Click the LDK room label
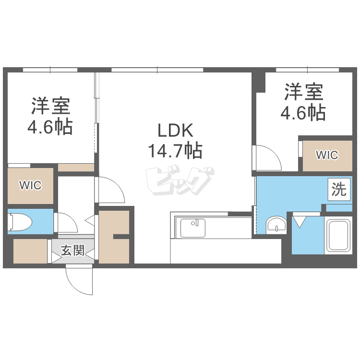pyautogui.click(x=176, y=131)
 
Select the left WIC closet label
pyautogui.click(x=30, y=185)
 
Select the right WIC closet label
pyautogui.click(x=327, y=155)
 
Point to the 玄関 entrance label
pyautogui.click(x=73, y=251)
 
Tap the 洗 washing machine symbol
pyautogui.click(x=338, y=190)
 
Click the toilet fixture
pyautogui.click(x=20, y=222)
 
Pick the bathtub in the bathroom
pyautogui.click(x=339, y=235)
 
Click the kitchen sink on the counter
pyautogui.click(x=192, y=228)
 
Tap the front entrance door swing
pyautogui.click(x=78, y=281)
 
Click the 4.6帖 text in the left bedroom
pyautogui.click(x=50, y=127)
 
